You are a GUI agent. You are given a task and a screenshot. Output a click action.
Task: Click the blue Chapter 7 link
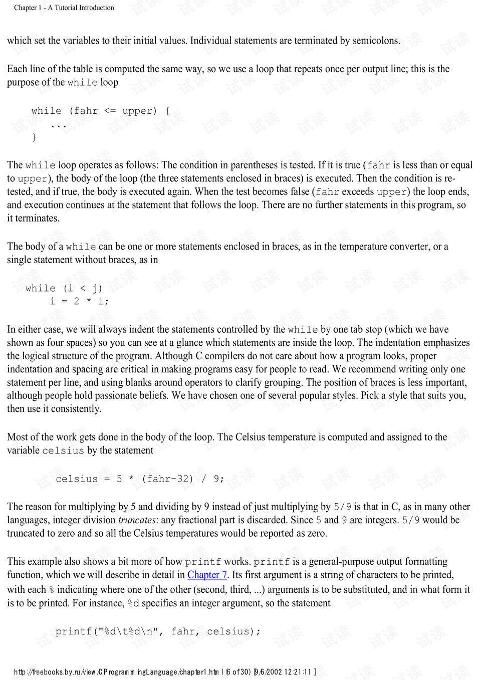coord(207,575)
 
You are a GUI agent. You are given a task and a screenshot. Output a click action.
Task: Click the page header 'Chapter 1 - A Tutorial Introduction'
coord(64,8)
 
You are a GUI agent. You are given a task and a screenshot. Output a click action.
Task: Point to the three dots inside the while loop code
coord(58,125)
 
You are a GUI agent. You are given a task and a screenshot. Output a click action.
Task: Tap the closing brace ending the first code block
coord(34,137)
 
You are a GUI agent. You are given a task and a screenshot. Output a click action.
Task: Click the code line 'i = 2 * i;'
coord(79,301)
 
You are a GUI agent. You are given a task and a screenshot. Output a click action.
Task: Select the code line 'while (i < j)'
coord(64,288)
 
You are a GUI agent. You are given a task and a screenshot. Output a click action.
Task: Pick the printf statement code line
coord(158,631)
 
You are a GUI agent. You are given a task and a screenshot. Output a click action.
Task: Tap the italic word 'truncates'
coord(137,520)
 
